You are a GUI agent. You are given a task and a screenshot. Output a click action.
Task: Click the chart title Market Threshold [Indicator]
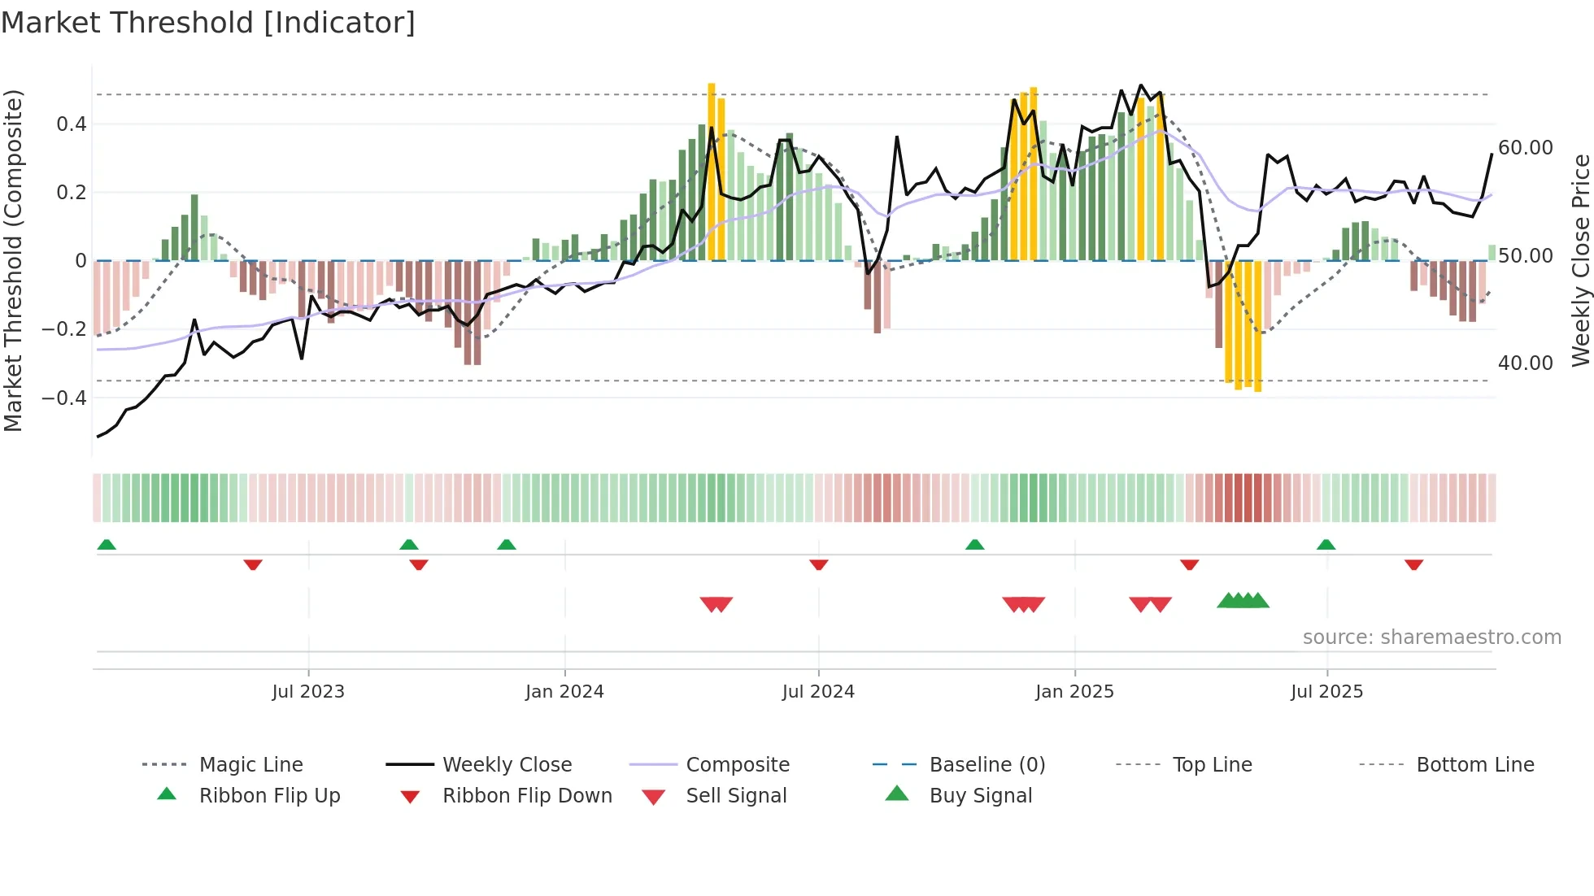tap(208, 23)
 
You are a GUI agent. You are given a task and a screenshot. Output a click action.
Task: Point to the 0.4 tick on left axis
tap(71, 124)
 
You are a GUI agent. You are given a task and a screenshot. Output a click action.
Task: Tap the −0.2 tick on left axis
tap(64, 329)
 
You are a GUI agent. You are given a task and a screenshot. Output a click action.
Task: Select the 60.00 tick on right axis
tap(1525, 148)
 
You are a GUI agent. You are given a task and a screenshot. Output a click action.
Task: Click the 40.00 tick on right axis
tap(1525, 363)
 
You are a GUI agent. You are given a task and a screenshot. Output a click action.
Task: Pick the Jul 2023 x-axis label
tap(308, 692)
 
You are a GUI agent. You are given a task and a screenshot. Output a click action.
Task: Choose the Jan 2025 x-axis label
tap(1074, 692)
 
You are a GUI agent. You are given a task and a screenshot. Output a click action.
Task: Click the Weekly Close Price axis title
tap(1580, 260)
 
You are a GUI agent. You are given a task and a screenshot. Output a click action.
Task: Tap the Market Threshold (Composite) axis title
tap(13, 260)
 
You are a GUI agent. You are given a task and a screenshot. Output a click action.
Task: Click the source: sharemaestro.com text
tap(1431, 637)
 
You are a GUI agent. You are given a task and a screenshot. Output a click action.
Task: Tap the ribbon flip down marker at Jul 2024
tap(819, 564)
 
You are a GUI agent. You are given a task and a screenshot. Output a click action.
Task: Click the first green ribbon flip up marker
tap(107, 545)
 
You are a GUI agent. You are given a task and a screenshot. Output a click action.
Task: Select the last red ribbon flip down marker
tap(1413, 564)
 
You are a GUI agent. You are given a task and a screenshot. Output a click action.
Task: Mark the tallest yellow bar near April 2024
tap(712, 171)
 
